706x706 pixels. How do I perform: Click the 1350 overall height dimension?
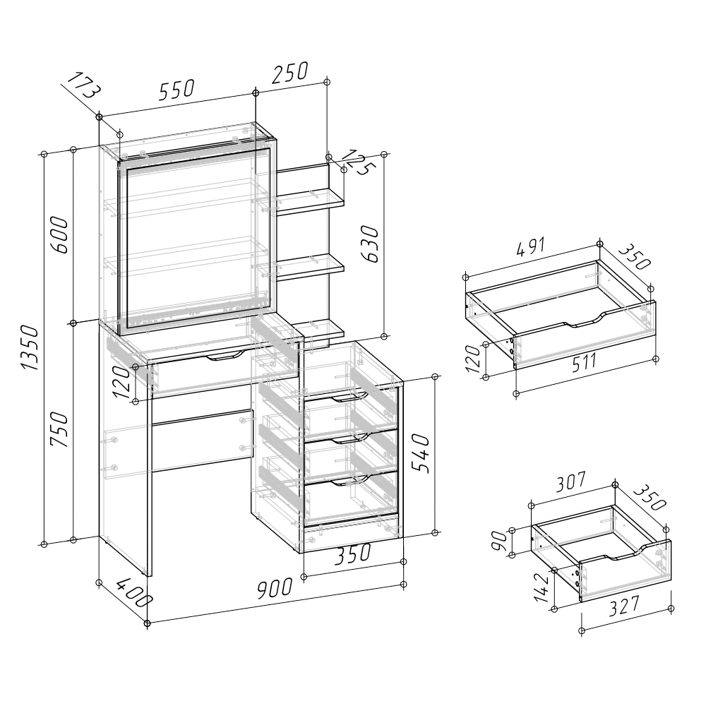pos(31,347)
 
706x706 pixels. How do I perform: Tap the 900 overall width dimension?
pos(275,589)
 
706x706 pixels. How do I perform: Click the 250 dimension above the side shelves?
pos(290,72)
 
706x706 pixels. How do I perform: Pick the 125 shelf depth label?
pos(359,162)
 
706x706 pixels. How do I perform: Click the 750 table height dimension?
pos(59,429)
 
